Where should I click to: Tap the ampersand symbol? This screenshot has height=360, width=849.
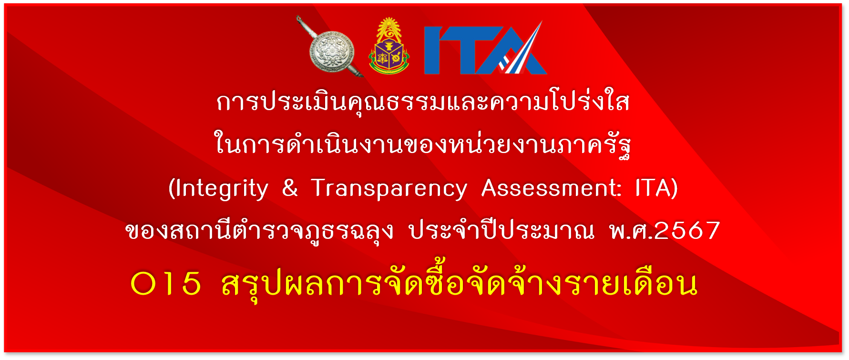(290, 188)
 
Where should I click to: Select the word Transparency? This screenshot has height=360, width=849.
(389, 189)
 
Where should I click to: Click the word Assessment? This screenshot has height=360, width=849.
(551, 188)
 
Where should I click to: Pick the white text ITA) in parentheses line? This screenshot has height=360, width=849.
(656, 188)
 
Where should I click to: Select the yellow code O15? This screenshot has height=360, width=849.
(166, 284)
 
